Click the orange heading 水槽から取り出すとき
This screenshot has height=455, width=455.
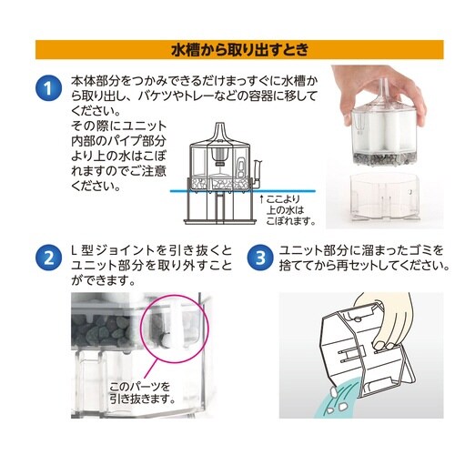227,48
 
